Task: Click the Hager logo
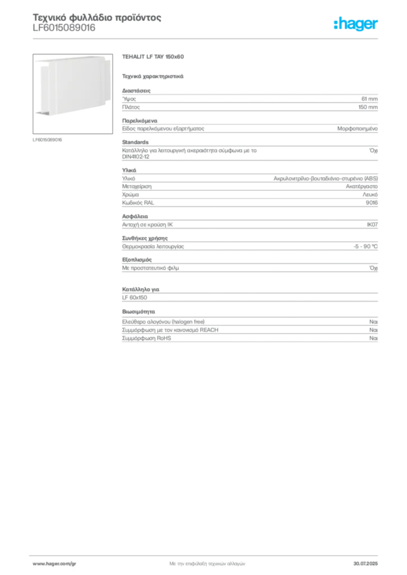356,24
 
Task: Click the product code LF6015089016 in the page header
64,28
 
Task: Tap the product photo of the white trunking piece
73,94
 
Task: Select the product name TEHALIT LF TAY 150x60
153,57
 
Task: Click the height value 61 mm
369,99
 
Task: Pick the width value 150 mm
368,107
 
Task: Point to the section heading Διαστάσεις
136,90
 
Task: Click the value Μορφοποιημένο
358,129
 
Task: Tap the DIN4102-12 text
136,157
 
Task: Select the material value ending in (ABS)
325,179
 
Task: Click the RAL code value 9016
372,203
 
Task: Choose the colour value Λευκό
370,195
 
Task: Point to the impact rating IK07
372,225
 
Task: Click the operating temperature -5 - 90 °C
365,247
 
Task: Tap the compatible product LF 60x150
135,298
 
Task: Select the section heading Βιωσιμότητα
138,312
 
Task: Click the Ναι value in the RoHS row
373,338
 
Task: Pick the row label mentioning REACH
170,330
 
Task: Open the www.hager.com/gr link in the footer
55,564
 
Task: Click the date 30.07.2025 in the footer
365,564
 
